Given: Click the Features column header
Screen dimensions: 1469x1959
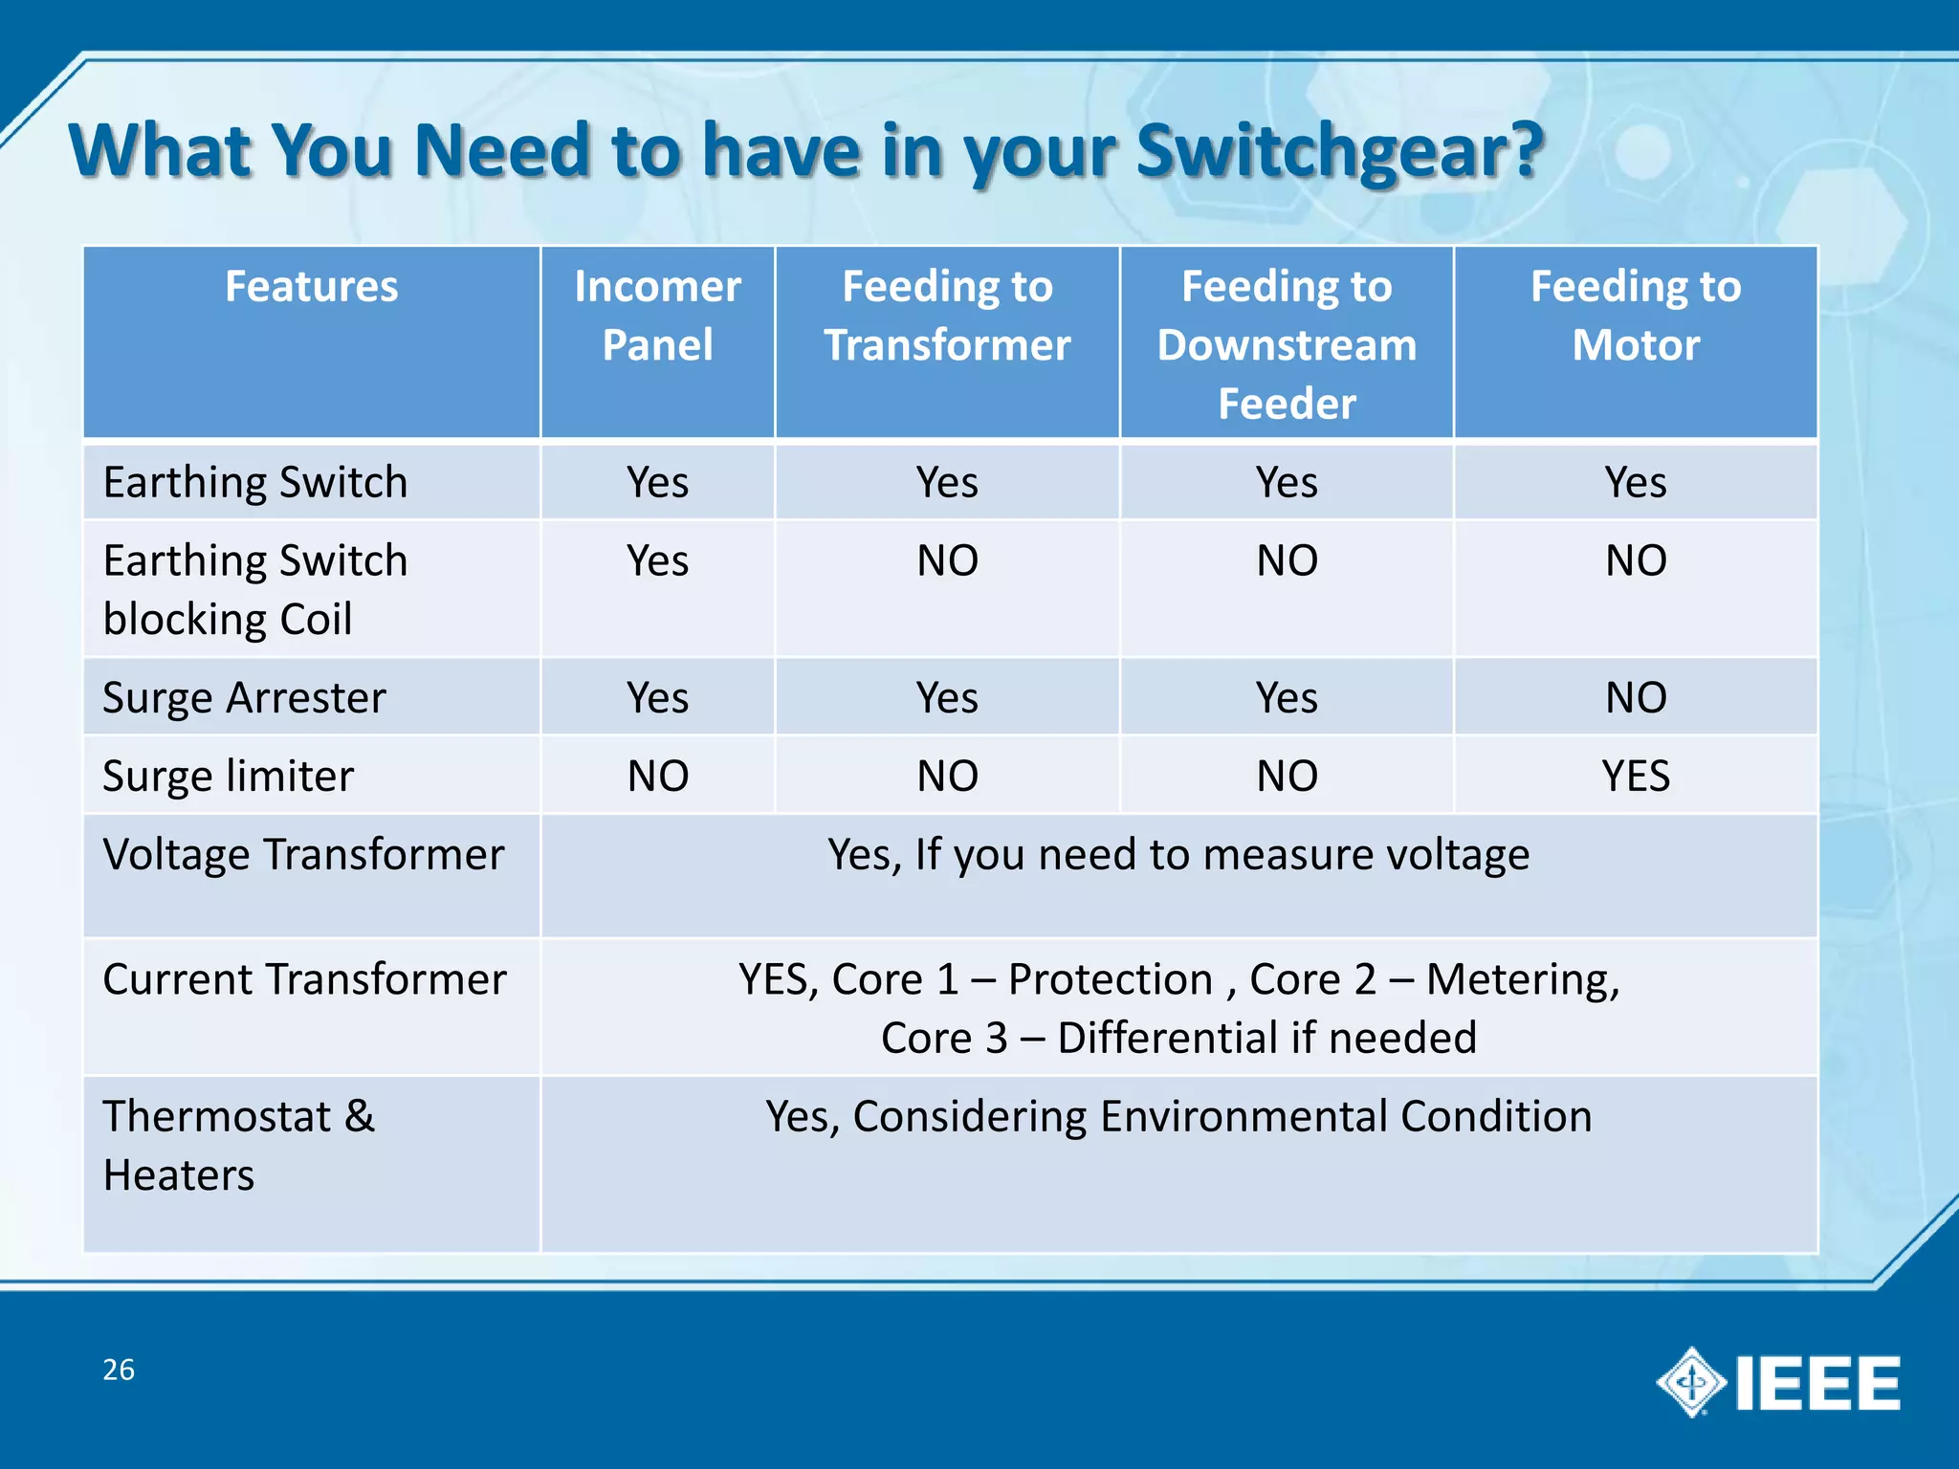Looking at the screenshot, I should [x=311, y=287].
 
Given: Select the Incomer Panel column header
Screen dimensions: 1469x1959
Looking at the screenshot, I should [x=657, y=316].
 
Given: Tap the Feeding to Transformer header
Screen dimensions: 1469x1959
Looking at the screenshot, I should [x=947, y=316].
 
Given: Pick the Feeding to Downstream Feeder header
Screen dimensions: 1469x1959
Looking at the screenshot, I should [x=1287, y=344].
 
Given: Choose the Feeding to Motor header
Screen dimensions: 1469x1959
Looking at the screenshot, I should [x=1636, y=316].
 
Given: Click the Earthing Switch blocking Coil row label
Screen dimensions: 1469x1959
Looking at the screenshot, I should [x=254, y=589].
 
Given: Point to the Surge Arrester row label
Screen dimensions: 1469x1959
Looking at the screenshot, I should [x=244, y=697].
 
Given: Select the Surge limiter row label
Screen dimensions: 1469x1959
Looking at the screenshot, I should [x=228, y=776].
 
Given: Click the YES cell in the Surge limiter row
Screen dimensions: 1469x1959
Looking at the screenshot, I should [x=1636, y=776].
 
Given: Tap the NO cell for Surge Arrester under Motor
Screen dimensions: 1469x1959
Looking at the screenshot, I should [x=1636, y=697].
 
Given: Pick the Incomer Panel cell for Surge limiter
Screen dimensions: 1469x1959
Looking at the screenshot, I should [x=657, y=776].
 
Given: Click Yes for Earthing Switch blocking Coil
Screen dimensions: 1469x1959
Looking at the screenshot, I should [x=657, y=560].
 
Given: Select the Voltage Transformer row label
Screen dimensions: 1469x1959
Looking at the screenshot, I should [x=303, y=854].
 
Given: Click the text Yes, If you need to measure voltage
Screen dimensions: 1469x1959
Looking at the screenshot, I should [x=1178, y=854].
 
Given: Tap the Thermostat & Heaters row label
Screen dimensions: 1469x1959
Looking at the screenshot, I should [x=239, y=1145].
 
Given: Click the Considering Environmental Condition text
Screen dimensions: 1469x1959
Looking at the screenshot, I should [x=1222, y=1116].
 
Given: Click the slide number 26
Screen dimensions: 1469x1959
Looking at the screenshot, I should [x=119, y=1370].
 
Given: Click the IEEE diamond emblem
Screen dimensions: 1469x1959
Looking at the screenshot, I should [x=1691, y=1382].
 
